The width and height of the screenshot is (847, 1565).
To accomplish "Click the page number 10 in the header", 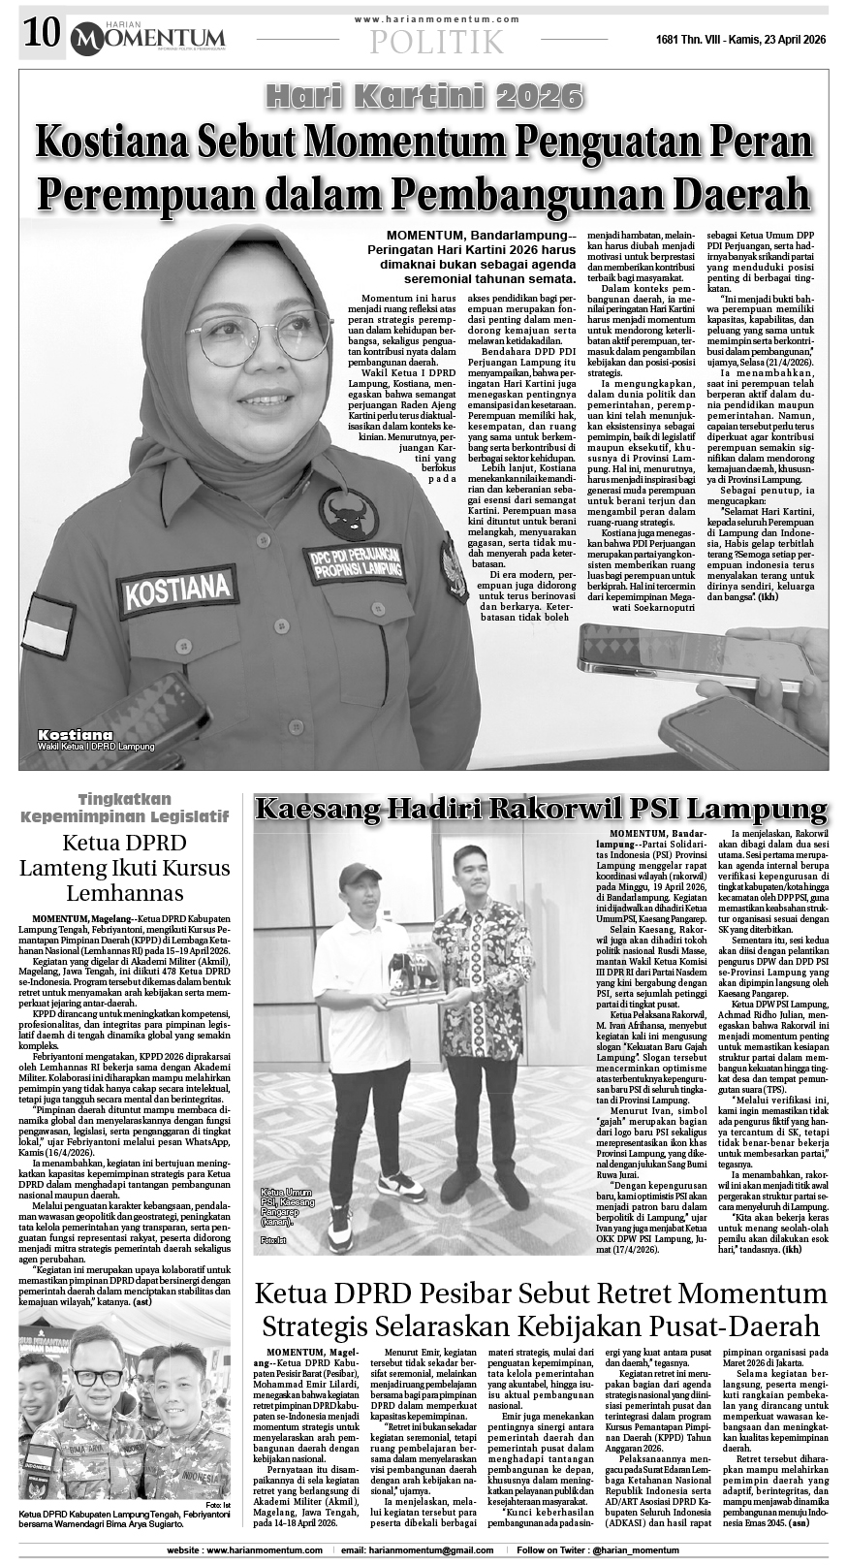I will point(40,36).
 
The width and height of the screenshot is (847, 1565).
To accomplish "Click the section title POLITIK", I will point(437,42).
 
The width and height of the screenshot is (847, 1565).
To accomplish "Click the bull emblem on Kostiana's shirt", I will point(350,513).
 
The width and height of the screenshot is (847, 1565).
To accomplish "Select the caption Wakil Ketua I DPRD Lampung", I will point(97,748).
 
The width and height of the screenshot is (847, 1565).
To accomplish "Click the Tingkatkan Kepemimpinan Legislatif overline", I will point(124,808).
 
